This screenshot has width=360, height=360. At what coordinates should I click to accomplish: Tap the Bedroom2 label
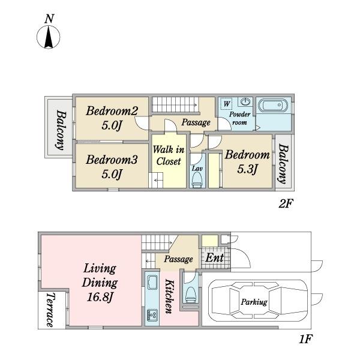point(112,111)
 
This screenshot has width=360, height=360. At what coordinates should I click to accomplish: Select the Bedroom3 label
point(112,160)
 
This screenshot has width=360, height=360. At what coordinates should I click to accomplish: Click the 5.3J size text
point(247,169)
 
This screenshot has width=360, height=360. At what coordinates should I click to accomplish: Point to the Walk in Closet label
point(169,155)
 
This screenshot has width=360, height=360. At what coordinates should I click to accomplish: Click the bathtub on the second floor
point(272,106)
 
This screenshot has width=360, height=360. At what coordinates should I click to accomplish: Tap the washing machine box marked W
point(226,104)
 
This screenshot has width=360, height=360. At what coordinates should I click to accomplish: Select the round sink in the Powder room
point(245,101)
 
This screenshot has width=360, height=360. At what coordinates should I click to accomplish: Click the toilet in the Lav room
point(197,180)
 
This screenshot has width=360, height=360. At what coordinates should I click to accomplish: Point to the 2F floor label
point(286,203)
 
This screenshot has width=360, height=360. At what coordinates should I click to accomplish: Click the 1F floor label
point(306,339)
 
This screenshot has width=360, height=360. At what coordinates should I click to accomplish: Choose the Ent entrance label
point(214,258)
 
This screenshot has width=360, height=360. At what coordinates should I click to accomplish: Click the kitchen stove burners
point(152,315)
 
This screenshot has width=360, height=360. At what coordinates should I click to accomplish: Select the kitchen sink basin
point(152,283)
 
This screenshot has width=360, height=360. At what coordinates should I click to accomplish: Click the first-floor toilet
point(191,295)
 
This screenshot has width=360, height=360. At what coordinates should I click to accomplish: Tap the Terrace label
point(50,310)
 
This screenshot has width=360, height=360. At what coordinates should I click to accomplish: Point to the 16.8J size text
point(100,298)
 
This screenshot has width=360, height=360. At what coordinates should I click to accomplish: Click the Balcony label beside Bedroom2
point(61,130)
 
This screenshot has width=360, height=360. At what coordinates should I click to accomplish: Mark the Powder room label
point(239,118)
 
